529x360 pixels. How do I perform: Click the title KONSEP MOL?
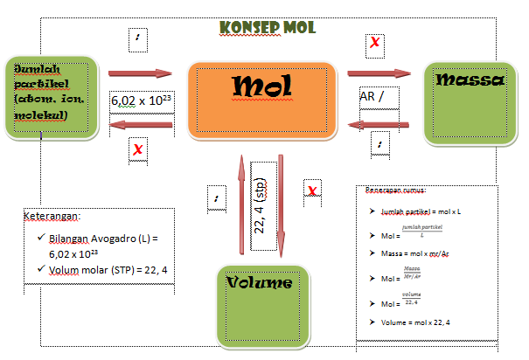268,27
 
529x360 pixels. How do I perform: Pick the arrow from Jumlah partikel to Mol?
141,73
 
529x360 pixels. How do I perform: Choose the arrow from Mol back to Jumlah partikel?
141,127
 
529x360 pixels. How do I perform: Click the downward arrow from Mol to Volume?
282,205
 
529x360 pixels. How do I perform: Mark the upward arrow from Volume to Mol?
239,206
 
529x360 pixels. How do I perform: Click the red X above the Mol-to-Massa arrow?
375,41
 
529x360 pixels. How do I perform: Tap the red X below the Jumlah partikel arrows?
138,150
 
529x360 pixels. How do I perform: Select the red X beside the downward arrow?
311,189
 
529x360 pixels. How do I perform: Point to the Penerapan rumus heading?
403,190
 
